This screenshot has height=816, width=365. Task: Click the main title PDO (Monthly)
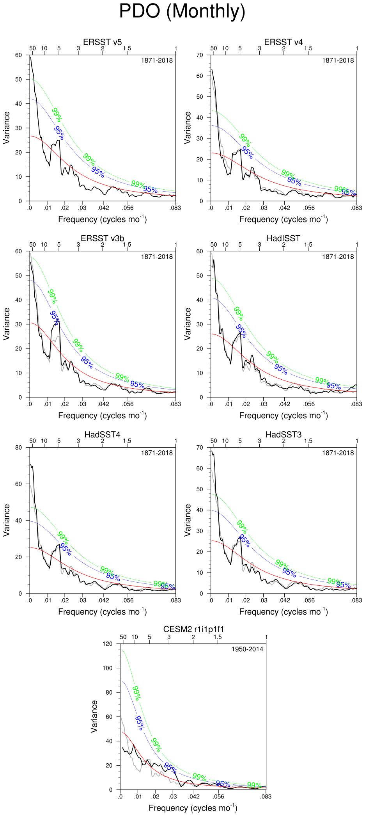tap(182, 11)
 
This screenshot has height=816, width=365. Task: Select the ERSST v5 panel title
tap(102, 42)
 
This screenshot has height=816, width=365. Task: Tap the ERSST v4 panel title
tap(283, 42)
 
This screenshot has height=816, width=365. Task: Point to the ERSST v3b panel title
tap(102, 238)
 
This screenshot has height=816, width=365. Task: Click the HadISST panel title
tap(283, 238)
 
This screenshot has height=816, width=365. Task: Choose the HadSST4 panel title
tap(102, 435)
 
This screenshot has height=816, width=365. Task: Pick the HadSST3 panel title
tap(283, 435)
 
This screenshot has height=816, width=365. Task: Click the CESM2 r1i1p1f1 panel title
tap(193, 629)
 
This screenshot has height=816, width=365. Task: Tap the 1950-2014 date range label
tap(247, 649)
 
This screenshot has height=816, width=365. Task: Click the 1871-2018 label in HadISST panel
tap(338, 257)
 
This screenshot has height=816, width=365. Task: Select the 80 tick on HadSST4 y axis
tap(18, 448)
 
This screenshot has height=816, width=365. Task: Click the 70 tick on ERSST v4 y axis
tap(200, 55)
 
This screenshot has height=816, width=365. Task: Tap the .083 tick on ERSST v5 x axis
tap(175, 208)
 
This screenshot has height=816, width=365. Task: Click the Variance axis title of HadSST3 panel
tap(188, 520)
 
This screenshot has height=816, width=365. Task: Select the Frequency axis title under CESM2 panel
tap(193, 808)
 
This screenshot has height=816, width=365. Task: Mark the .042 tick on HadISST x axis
tap(284, 404)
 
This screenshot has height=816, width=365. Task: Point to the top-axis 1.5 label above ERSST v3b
tap(127, 245)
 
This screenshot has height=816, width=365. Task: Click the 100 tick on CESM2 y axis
tap(107, 668)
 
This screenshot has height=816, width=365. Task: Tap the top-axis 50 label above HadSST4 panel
tap(32, 441)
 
